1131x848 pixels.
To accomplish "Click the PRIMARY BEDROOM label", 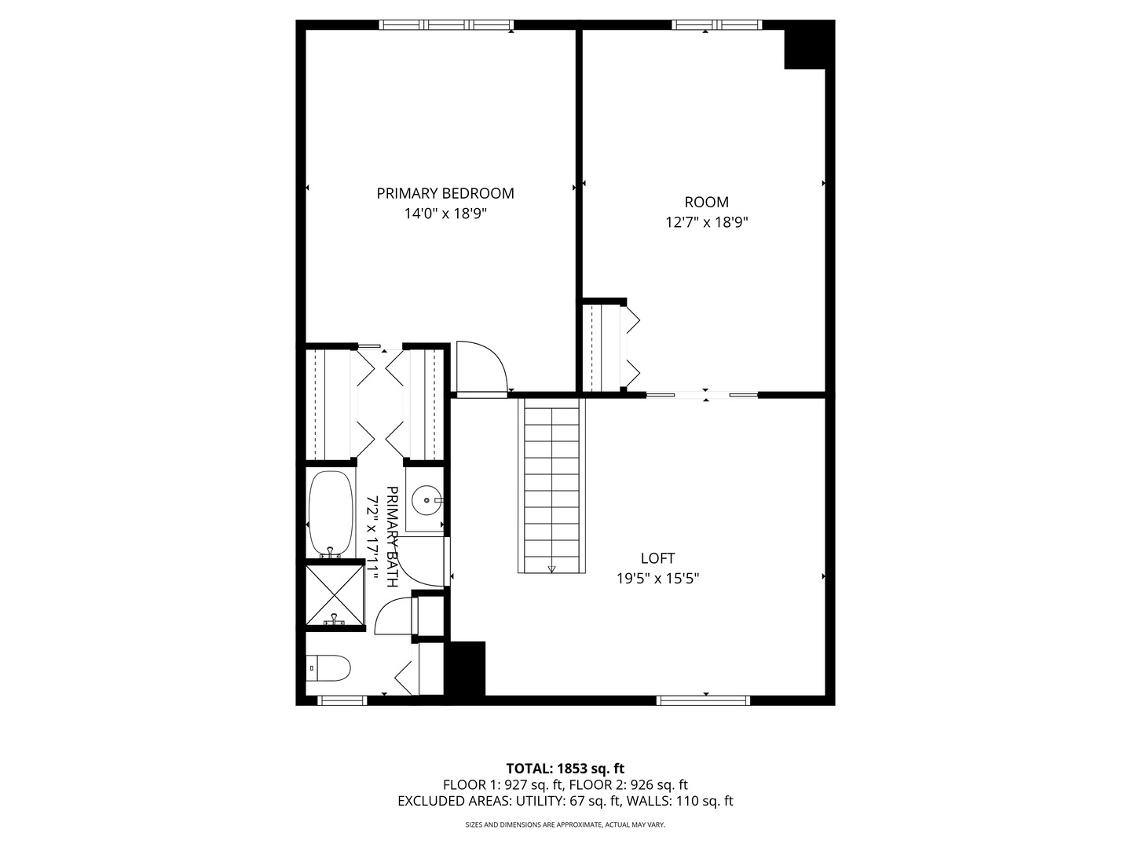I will (445, 193).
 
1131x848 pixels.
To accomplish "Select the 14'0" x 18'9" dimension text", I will (445, 214).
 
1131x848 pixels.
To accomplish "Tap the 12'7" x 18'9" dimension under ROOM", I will (706, 222).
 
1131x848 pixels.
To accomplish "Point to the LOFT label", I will (657, 558).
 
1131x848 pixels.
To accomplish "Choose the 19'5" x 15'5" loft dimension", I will (657, 579).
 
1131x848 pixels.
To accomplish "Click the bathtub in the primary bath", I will (331, 514).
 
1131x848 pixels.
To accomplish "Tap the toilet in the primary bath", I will (328, 669).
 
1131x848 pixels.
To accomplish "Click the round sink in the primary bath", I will (427, 499).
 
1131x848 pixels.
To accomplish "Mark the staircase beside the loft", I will (552, 485).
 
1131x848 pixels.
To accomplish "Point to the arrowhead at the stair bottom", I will (552, 568).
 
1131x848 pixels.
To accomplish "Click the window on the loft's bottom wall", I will (703, 700).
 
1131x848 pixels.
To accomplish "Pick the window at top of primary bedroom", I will (446, 25).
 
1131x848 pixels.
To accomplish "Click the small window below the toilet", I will (342, 700).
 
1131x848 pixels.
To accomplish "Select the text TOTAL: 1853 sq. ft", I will (565, 768).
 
